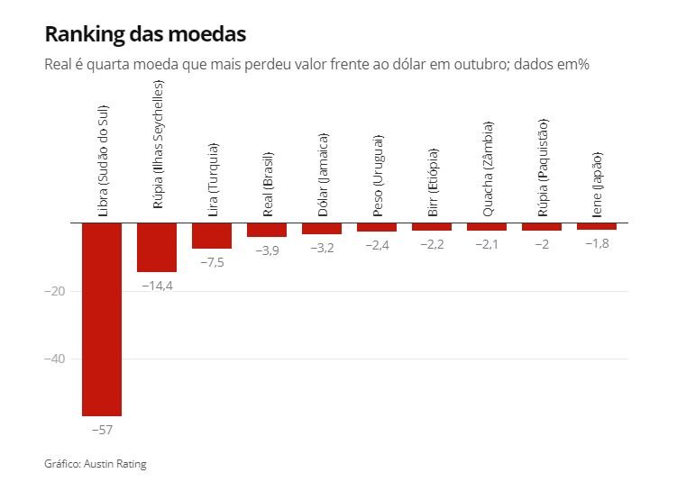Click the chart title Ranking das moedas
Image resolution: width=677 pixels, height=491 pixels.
pyautogui.click(x=144, y=34)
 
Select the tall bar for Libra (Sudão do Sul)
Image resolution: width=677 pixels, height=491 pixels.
pyautogui.click(x=102, y=319)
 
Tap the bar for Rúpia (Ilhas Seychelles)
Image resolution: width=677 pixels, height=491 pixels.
pyautogui.click(x=157, y=247)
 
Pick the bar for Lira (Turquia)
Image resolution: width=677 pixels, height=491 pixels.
pyautogui.click(x=212, y=235)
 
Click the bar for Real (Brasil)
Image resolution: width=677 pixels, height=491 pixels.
pyautogui.click(x=267, y=230)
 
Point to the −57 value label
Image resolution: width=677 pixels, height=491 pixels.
pyautogui.click(x=102, y=430)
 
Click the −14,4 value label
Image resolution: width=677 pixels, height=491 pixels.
pyautogui.click(x=158, y=285)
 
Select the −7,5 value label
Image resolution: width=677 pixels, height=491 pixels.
pyautogui.click(x=212, y=261)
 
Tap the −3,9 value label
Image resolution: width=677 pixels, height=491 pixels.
pyautogui.click(x=267, y=250)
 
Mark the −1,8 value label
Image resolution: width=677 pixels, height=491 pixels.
pyautogui.click(x=597, y=243)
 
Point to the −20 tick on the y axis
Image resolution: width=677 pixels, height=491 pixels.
pyautogui.click(x=56, y=291)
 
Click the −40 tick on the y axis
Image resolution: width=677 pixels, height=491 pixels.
pyautogui.click(x=56, y=359)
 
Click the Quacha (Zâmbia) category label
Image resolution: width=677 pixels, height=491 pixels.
pyautogui.click(x=488, y=168)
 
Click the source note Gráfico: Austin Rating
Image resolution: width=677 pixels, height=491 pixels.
pyautogui.click(x=95, y=464)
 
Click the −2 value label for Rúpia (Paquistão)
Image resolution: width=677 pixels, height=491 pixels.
pyautogui.click(x=542, y=244)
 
